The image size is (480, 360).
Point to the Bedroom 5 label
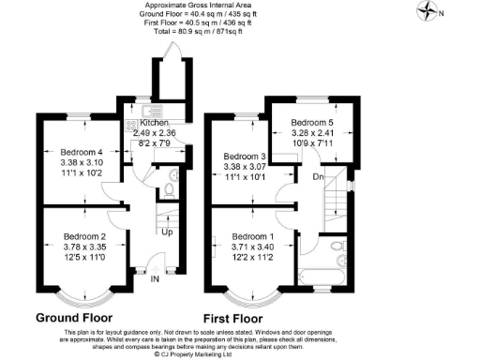(312, 122)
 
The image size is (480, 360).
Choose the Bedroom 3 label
(246, 156)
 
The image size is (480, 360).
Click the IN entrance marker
(155, 277)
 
